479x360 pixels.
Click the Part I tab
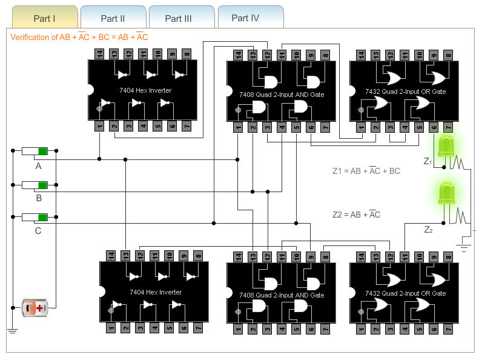click(x=45, y=18)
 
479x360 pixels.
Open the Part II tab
click(x=113, y=18)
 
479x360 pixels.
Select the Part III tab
click(x=179, y=18)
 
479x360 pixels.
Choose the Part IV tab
click(x=245, y=18)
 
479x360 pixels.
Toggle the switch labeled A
click(x=35, y=151)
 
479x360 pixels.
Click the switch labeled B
click(x=35, y=184)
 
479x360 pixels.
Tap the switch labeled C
click(x=35, y=217)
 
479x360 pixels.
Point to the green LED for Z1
click(x=446, y=147)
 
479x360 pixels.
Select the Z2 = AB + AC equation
click(x=357, y=215)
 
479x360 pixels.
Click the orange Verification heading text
click(x=79, y=38)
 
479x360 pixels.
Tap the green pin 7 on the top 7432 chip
click(x=448, y=127)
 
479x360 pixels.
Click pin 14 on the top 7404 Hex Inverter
click(x=99, y=55)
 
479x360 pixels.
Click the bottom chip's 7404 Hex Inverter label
click(x=156, y=292)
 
